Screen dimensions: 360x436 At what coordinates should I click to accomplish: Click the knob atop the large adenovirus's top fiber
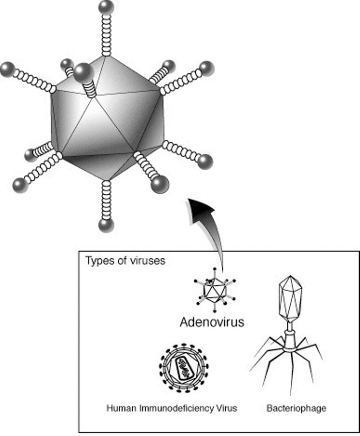coord(106,7)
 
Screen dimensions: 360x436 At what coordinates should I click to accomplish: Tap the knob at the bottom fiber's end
coord(106,225)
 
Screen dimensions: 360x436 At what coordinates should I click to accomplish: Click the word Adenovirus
coord(212,322)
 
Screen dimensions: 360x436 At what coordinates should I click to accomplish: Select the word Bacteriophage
coord(297,408)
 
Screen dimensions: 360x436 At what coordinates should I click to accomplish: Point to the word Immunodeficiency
coord(177,408)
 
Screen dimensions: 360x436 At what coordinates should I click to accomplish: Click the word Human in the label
coord(121,408)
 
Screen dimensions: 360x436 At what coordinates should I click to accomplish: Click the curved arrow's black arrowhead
coord(201,209)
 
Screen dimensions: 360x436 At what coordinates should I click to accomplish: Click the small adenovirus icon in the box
coord(215,290)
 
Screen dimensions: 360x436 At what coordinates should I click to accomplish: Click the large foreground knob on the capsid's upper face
coord(83,72)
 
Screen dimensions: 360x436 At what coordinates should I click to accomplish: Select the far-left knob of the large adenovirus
coord(8,69)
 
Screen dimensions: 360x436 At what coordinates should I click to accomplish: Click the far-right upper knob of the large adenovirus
coord(206,69)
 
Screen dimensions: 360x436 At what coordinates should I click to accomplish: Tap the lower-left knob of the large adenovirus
coord(20,185)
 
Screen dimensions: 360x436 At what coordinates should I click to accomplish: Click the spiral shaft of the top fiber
coord(106,34)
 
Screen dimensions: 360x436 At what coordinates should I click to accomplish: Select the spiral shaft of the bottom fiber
coord(106,199)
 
